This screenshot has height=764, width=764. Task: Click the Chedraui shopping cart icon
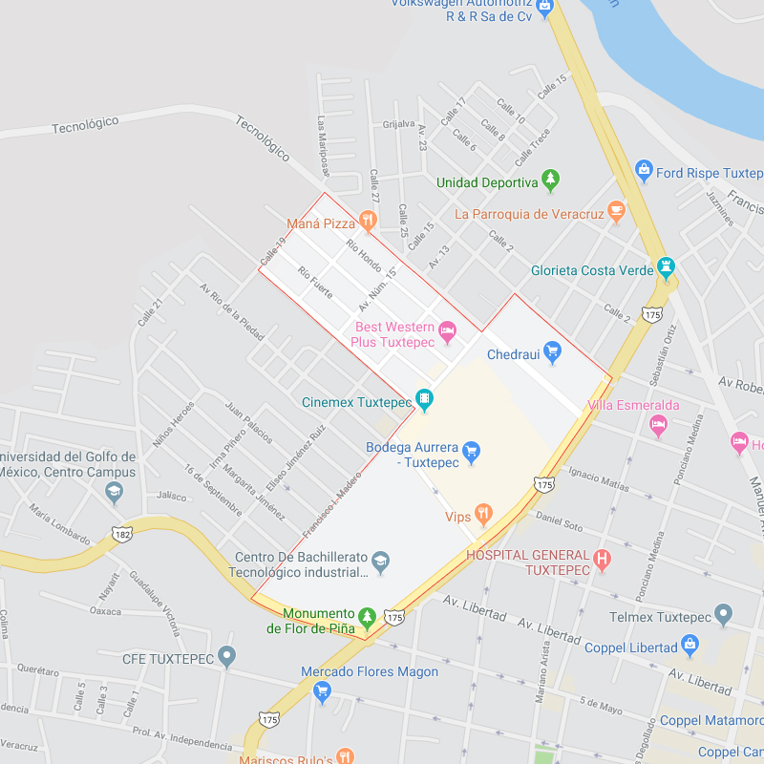552,352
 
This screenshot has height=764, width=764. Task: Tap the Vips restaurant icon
484,516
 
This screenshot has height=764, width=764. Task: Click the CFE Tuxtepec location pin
226,656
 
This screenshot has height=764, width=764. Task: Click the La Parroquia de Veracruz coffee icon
616,211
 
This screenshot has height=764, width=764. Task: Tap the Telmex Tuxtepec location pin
723,614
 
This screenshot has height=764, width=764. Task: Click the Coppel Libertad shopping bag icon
690,647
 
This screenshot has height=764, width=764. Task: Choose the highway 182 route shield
122,534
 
